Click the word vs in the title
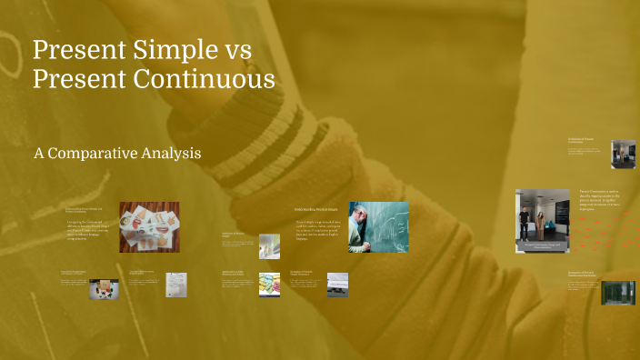pos(235,50)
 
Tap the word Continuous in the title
pos(205,80)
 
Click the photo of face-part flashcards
pos(148,226)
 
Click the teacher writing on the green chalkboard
pos(378,226)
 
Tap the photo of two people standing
pos(543,219)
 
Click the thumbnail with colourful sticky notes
pos(268,284)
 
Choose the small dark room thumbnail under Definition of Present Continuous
pos(623,153)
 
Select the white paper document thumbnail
pos(176,285)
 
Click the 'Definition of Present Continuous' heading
pos(581,140)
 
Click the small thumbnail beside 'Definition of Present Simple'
pos(269,246)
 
